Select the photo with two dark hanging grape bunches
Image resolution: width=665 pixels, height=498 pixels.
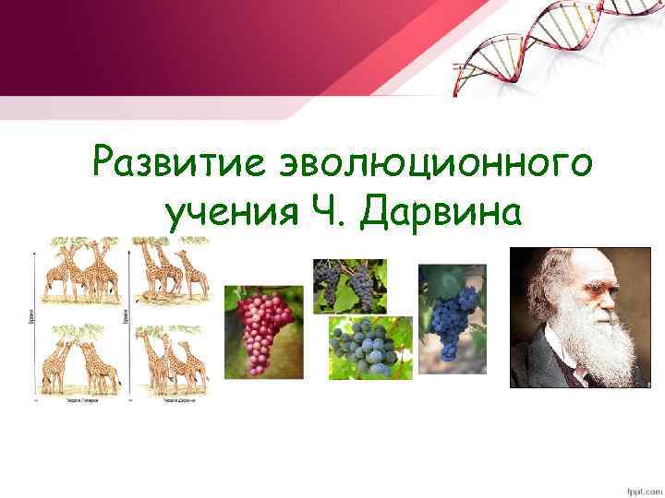pyautogui.click(x=349, y=286)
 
